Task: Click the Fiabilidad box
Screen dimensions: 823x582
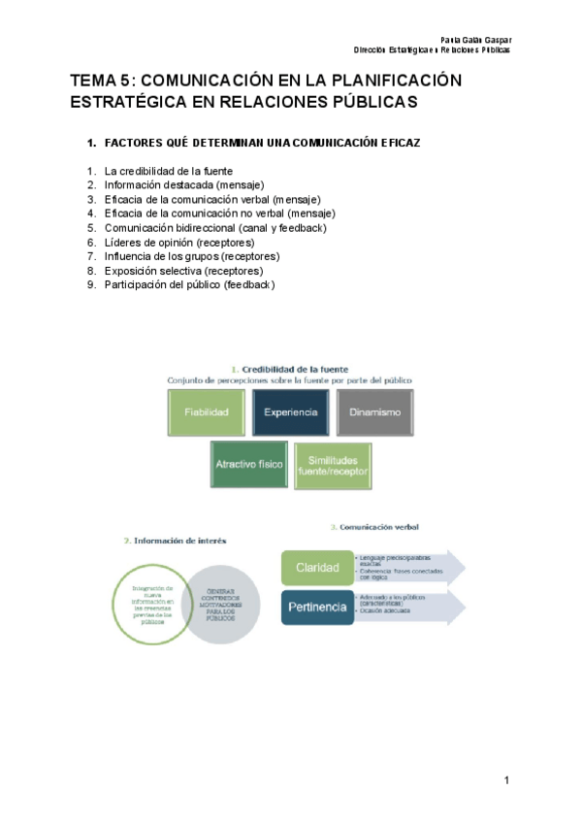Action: (x=206, y=412)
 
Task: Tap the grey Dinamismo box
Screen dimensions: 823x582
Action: (x=374, y=412)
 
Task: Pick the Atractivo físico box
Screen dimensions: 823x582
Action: (x=248, y=464)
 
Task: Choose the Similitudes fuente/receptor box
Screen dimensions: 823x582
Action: (x=333, y=464)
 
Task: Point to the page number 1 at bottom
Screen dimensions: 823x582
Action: (x=506, y=780)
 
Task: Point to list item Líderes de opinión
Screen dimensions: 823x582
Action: (x=179, y=242)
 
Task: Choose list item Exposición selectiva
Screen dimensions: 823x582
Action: (x=183, y=271)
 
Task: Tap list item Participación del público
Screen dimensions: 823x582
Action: (x=189, y=285)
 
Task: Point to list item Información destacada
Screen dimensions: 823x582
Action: (x=183, y=184)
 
